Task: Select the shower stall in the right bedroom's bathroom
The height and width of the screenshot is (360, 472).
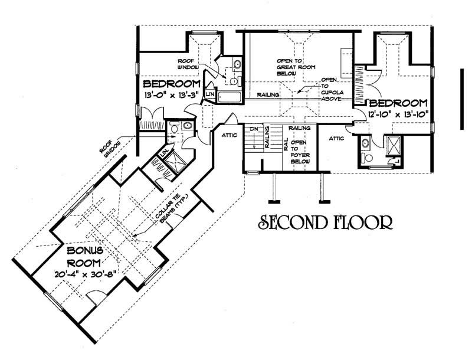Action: (392, 145)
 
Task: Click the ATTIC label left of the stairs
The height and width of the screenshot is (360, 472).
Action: (230, 136)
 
